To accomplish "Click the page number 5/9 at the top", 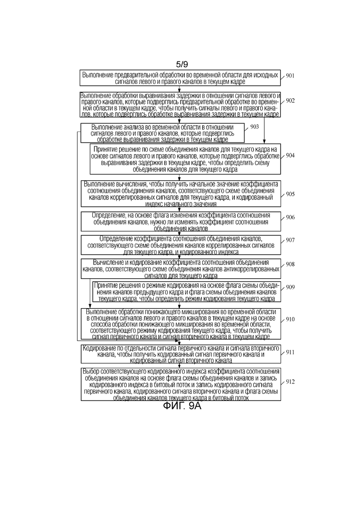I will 182,65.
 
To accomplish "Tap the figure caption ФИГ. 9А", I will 182,406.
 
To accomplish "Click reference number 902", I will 290,101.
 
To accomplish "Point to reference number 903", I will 254,126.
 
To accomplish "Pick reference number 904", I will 290,156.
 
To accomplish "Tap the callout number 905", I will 290,194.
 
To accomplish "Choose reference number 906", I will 290,217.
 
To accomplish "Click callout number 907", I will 290,240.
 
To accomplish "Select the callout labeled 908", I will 290,264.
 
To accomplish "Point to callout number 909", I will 290,287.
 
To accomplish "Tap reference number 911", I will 290,353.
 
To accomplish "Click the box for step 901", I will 180,78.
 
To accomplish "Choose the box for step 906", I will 180,222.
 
